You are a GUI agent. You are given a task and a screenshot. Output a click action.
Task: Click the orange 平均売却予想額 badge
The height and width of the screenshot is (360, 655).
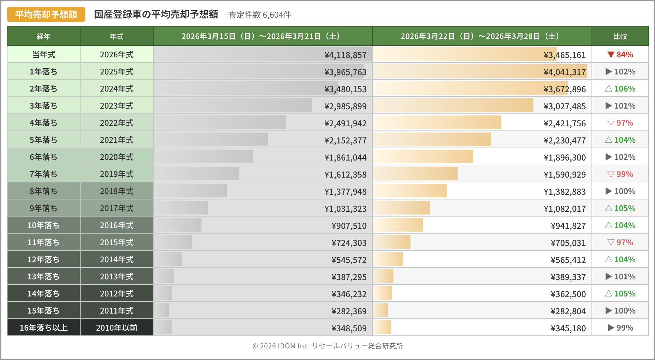[46, 14]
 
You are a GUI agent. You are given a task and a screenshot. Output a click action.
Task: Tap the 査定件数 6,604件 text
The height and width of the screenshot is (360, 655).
[260, 15]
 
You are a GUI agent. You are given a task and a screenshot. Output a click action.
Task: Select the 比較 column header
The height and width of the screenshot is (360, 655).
[620, 36]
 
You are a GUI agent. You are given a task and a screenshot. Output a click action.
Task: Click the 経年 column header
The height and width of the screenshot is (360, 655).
[44, 36]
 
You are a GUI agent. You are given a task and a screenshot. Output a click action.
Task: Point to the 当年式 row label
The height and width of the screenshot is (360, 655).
[44, 55]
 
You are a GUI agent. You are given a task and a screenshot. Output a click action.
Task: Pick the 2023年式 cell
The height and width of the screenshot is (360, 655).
[117, 106]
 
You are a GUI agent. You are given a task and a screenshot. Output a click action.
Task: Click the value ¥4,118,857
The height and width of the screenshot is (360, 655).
[345, 55]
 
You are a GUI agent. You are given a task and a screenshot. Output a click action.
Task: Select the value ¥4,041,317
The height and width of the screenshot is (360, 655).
[565, 72]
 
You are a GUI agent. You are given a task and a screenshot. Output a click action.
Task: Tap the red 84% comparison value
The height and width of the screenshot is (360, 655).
[621, 55]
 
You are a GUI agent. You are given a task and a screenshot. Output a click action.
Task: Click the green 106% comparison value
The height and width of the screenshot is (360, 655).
[621, 89]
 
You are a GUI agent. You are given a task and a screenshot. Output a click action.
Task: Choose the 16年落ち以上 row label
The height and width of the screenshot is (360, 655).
[44, 328]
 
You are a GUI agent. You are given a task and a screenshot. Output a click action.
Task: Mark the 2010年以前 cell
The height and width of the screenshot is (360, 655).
[117, 328]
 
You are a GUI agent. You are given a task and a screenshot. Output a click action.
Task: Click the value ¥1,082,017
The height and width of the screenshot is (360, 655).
[565, 209]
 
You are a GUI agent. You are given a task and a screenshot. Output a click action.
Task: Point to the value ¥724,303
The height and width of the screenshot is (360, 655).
[349, 243]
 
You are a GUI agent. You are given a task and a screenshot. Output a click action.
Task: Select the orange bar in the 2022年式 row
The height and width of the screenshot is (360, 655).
[437, 123]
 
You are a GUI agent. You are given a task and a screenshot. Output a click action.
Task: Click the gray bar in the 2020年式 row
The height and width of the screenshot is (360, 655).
[203, 157]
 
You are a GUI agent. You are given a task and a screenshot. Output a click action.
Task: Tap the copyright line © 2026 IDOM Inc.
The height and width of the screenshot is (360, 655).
[327, 346]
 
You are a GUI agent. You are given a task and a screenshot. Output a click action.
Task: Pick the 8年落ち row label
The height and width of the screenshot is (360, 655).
[44, 191]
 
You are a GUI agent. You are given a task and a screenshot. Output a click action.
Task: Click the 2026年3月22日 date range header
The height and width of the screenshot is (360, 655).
[482, 36]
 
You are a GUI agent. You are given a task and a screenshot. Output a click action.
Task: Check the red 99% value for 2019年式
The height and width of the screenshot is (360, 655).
[621, 174]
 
